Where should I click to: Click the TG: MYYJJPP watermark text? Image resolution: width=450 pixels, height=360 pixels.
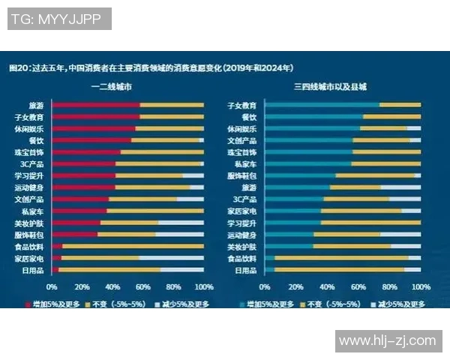click(x=59, y=19)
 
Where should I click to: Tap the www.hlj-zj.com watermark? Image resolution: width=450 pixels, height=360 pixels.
click(x=387, y=340)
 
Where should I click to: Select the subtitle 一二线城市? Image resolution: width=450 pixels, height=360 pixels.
click(x=115, y=87)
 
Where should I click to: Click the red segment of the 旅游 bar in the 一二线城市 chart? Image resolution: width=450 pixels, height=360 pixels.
click(x=95, y=105)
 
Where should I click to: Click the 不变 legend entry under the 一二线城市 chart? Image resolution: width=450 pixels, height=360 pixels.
click(x=114, y=304)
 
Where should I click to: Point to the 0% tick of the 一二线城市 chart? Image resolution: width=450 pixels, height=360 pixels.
click(x=52, y=287)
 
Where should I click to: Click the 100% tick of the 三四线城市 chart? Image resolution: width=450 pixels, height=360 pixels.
click(x=420, y=287)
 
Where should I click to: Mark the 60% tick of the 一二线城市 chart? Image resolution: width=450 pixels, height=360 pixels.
click(x=142, y=287)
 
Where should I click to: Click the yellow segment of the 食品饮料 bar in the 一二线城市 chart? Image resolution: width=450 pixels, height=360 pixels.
click(x=133, y=246)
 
